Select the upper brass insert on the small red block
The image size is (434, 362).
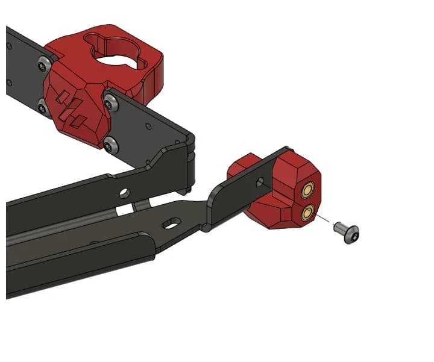click(308, 191)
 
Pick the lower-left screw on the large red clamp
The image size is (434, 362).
click(42, 108)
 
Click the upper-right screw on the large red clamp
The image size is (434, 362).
click(109, 104)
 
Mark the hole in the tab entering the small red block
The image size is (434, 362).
click(260, 181)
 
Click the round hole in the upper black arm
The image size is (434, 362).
click(124, 193)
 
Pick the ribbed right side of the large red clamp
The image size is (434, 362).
click(154, 75)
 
